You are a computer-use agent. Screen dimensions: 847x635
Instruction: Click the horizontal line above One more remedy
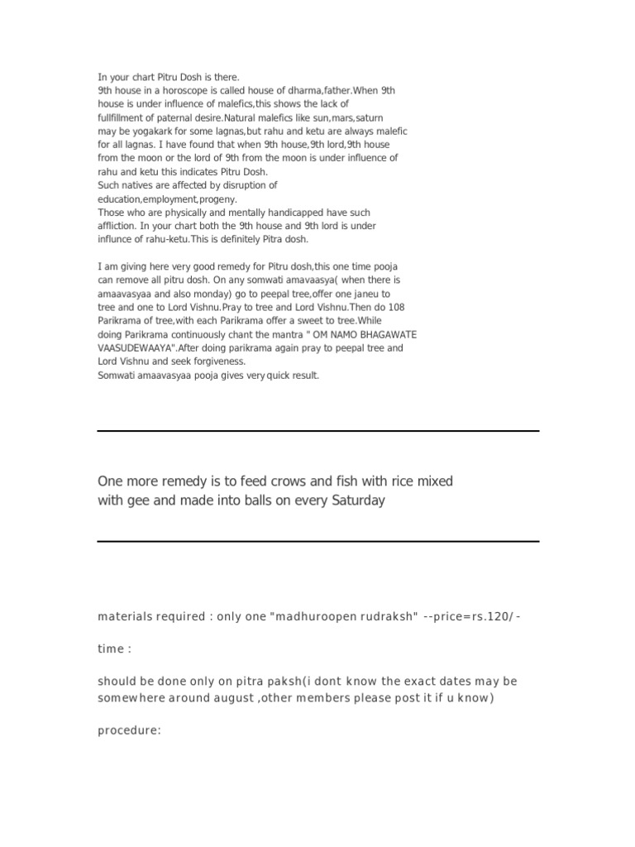coord(318,431)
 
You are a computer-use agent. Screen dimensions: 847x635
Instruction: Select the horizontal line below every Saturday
coord(318,541)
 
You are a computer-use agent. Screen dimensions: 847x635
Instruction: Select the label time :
coord(114,649)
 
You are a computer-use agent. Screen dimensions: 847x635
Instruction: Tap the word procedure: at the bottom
coord(129,730)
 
